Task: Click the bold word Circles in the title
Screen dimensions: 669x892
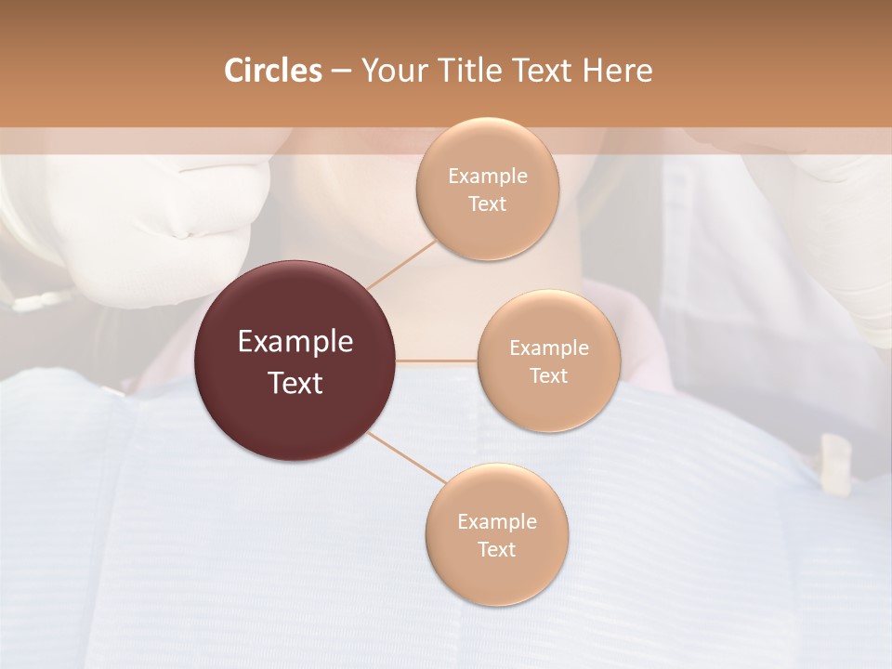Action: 273,71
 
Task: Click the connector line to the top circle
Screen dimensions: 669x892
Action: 401,264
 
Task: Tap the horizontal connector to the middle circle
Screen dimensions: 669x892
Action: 437,361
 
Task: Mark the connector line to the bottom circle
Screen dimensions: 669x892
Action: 405,456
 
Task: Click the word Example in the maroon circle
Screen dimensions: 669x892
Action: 295,342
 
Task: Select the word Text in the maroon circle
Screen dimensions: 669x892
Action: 295,383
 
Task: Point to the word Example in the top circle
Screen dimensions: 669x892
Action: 487,177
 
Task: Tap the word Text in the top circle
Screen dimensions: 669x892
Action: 487,204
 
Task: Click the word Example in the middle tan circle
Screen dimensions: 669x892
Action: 548,348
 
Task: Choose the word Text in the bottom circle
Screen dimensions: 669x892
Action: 496,550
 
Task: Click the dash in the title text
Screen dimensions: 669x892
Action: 341,72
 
